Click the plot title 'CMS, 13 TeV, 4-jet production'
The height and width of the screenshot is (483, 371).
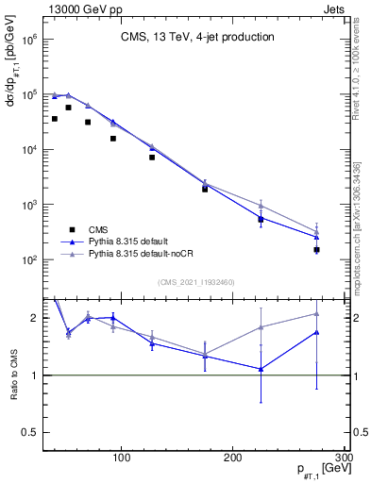click(197, 37)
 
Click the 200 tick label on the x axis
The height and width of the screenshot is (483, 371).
click(233, 458)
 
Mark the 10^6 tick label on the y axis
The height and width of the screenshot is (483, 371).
click(28, 41)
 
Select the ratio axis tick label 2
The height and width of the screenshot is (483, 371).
click(35, 318)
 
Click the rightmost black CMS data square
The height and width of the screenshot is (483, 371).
click(316, 250)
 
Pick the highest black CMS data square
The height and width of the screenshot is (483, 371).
click(68, 108)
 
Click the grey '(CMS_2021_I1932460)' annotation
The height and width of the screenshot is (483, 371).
click(197, 281)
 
